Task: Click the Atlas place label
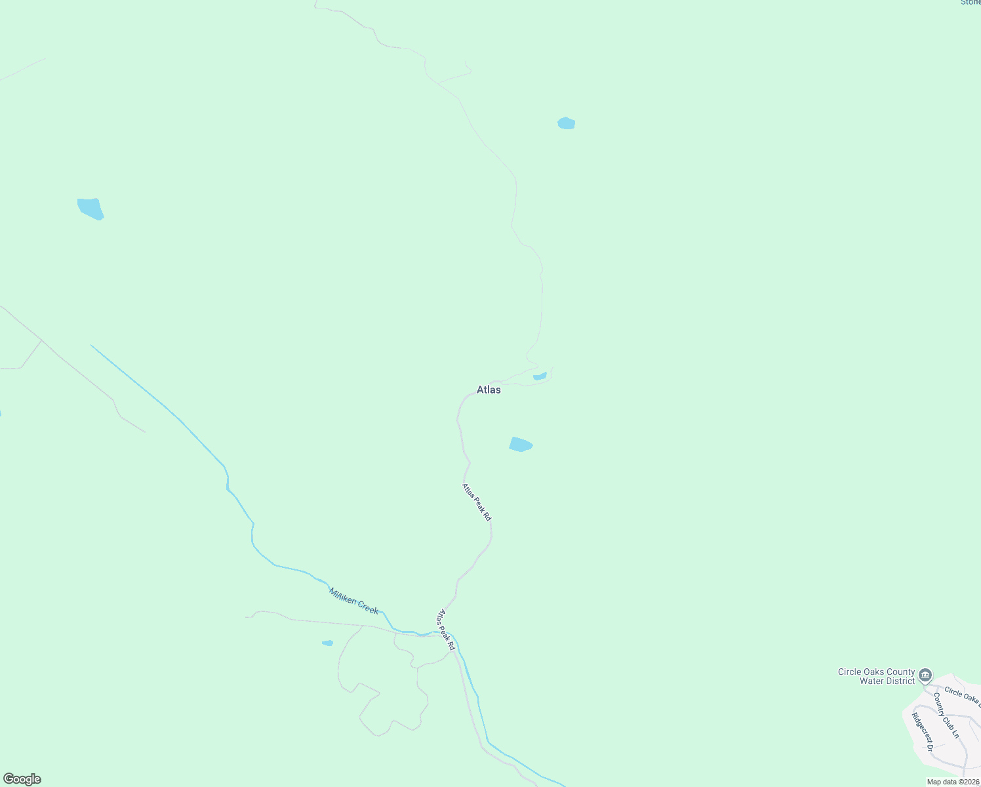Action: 489,390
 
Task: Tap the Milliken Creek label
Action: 353,600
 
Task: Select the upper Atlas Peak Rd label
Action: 476,502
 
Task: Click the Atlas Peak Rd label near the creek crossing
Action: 446,630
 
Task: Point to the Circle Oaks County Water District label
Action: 877,676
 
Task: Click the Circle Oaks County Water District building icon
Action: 925,674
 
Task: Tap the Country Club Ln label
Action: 946,716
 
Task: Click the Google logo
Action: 22,779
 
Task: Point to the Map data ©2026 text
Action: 953,782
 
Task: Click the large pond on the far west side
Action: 90,209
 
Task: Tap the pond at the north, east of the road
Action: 567,123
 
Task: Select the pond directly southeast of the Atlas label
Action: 521,444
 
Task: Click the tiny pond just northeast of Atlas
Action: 540,376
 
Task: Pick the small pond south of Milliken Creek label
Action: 327,643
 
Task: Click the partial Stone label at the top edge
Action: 971,3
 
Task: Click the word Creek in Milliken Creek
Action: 367,606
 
